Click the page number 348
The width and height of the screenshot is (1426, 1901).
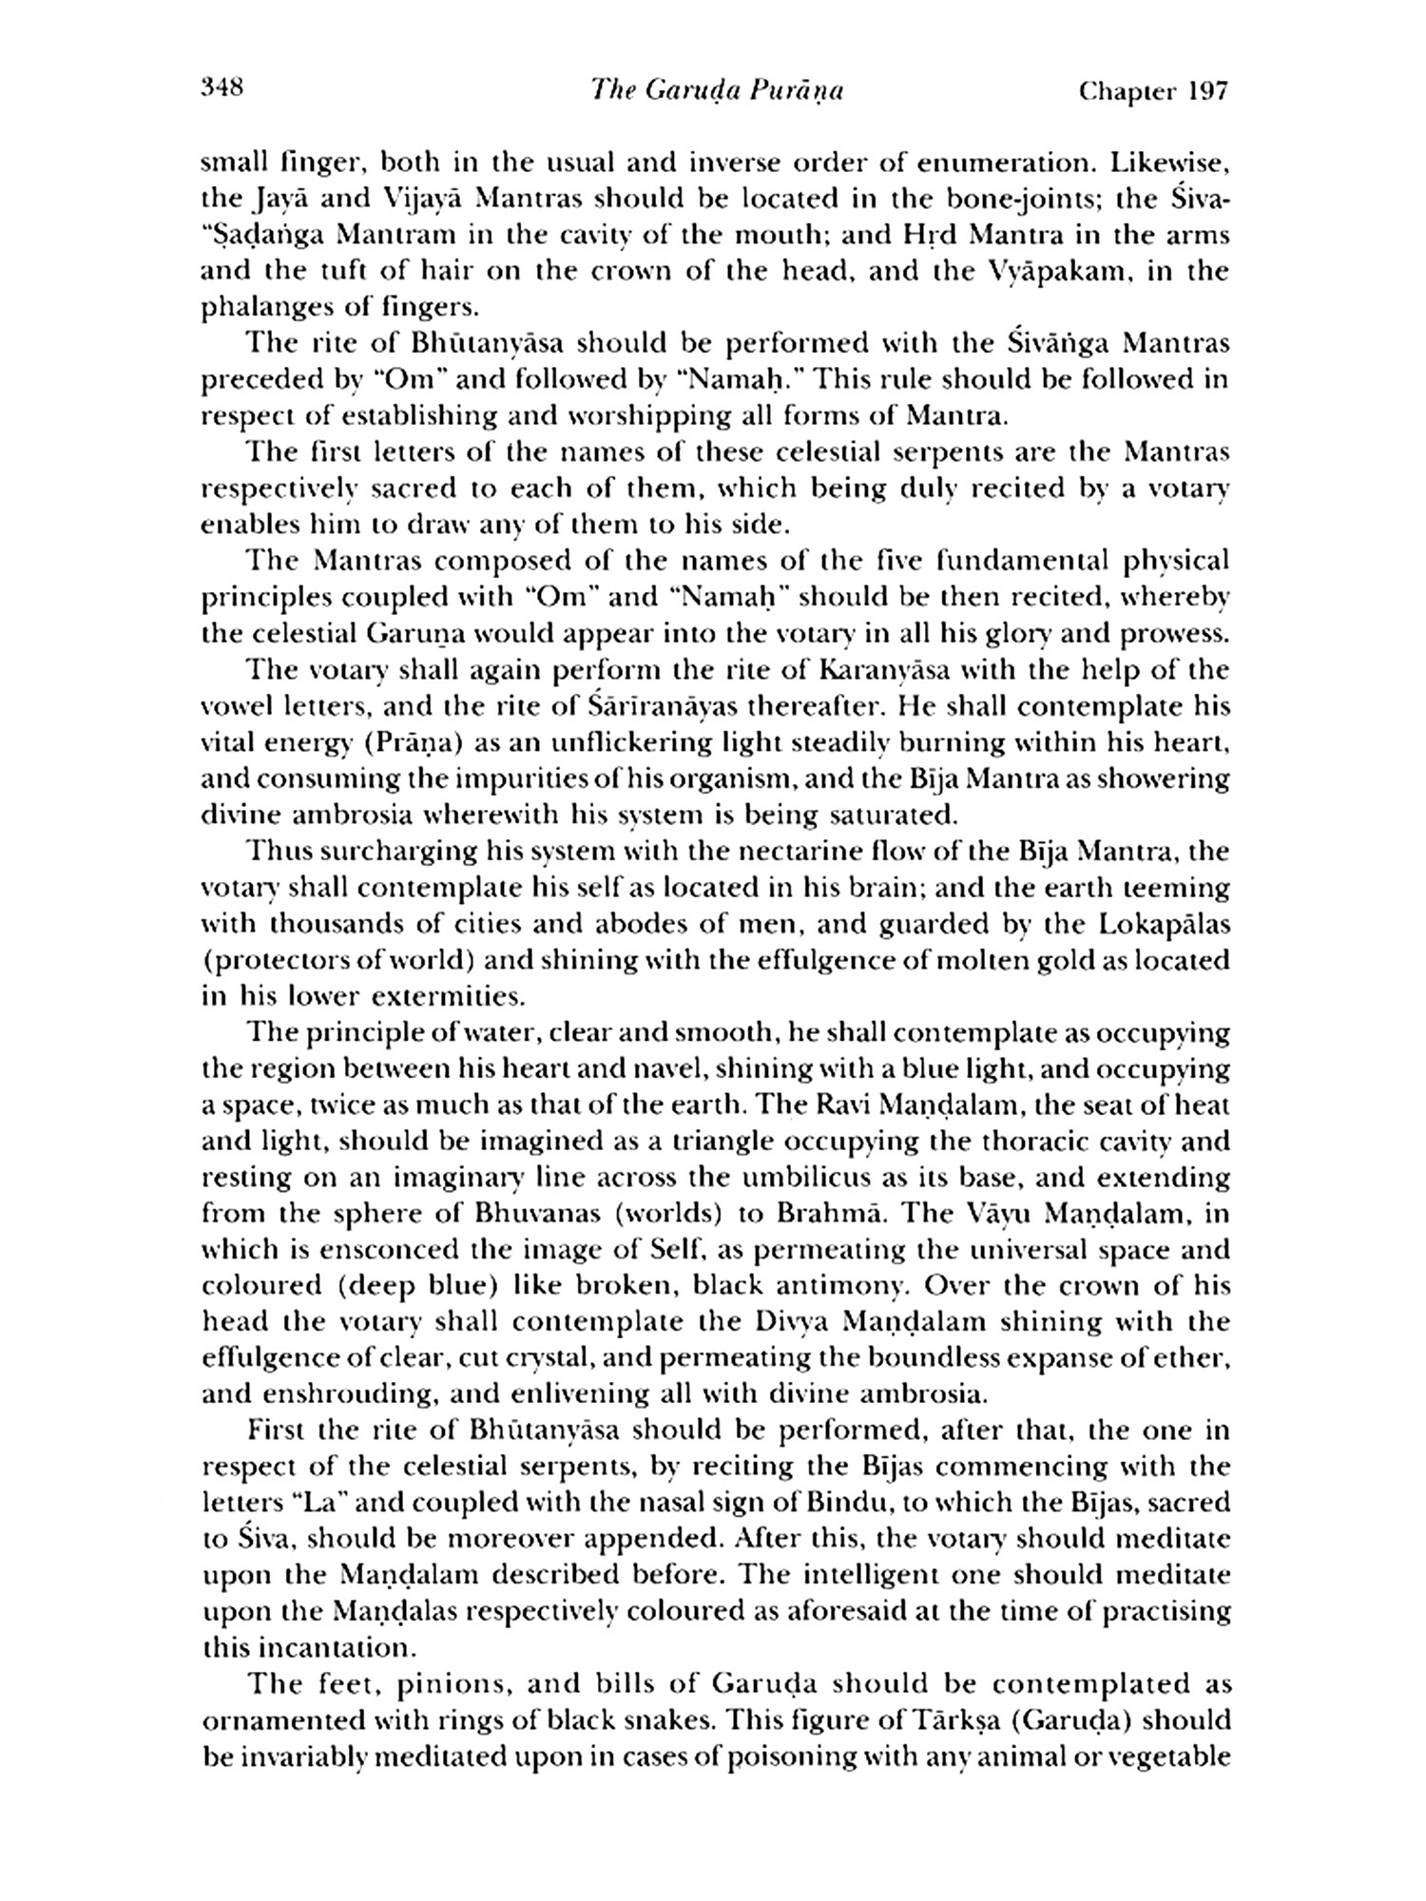point(223,89)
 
